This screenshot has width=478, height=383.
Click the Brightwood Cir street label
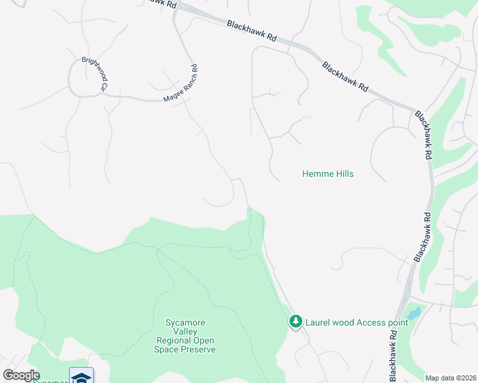click(94, 74)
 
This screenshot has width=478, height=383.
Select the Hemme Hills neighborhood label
click(327, 174)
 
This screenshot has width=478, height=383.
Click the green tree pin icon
click(295, 322)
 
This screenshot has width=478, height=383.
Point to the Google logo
click(21, 375)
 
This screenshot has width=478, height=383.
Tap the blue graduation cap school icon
click(82, 377)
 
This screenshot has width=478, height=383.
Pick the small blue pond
click(413, 313)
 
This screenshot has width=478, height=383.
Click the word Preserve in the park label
click(197, 349)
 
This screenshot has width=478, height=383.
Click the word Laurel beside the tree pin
click(318, 322)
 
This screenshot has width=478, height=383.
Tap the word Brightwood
click(91, 70)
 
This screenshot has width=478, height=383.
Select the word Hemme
click(315, 174)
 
